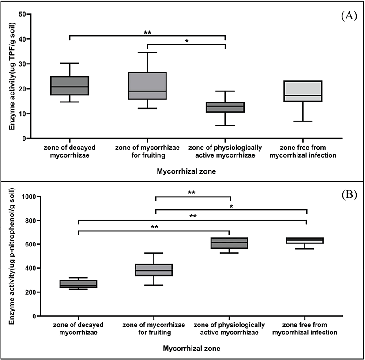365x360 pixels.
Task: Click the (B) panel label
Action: click(348, 194)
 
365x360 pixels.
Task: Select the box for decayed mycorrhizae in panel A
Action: click(70, 86)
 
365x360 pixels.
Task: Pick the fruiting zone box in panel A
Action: click(147, 86)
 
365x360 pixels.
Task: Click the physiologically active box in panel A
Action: click(225, 107)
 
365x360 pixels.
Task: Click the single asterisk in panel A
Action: click(187, 41)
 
